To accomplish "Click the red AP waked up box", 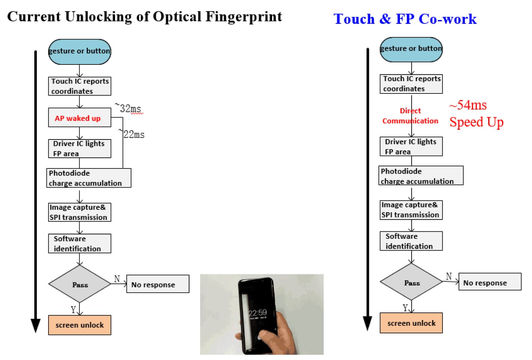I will tap(79, 118).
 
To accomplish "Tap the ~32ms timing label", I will tap(128, 109).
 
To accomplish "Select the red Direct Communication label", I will tap(410, 116).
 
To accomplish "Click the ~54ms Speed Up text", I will tap(476, 114).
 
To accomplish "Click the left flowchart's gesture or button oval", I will tap(79, 52).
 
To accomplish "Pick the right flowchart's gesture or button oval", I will tap(411, 49).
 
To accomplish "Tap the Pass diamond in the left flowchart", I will tap(80, 284).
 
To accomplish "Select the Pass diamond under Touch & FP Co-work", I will tap(411, 282).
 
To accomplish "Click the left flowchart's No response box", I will tap(158, 284).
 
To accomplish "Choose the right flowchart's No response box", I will tap(490, 282).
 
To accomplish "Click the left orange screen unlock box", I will tap(80, 325).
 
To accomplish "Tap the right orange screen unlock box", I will tap(411, 323).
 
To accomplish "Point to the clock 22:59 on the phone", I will tap(258, 313).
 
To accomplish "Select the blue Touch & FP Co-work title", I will tap(405, 19).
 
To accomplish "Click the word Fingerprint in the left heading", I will tap(244, 17).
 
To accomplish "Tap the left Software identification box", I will tap(80, 244).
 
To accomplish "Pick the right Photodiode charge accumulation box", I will tap(421, 176).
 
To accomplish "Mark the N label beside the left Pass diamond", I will tap(117, 279).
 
